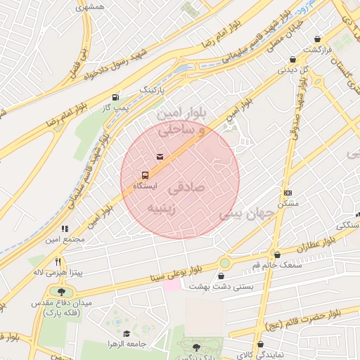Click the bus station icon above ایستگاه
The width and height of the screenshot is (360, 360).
click(145, 174)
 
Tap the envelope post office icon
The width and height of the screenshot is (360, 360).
click(160, 156)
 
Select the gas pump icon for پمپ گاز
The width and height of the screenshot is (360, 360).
click(115, 98)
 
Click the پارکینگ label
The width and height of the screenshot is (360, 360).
click(151, 91)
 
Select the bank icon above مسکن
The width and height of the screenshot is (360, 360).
click(288, 193)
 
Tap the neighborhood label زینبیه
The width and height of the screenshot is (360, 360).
click(165, 208)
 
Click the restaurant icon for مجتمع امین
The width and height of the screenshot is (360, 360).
click(65, 229)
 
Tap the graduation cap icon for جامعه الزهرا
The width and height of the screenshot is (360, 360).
click(127, 333)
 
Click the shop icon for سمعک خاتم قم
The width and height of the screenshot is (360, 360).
click(277, 255)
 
